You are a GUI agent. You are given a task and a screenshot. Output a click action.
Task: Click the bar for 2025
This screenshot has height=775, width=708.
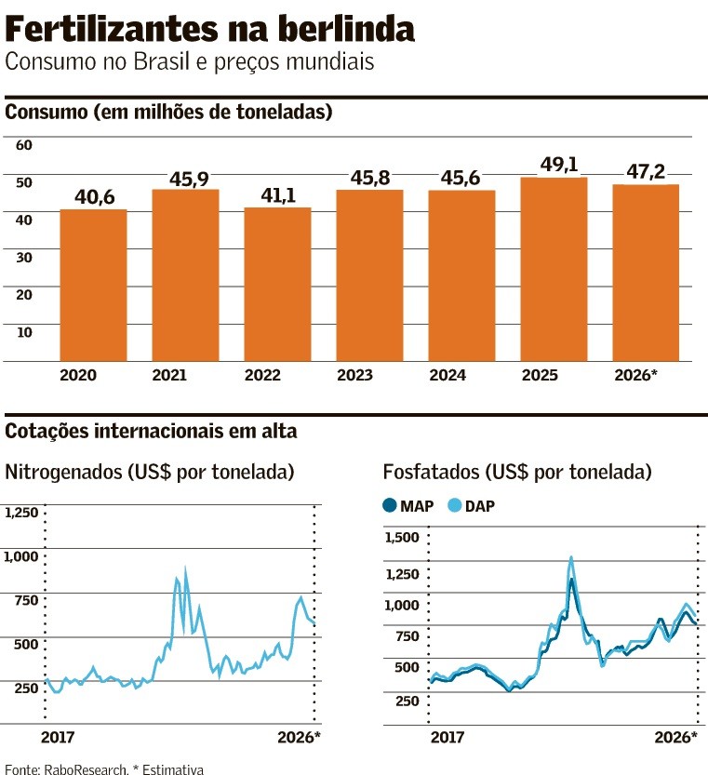pos(554,269)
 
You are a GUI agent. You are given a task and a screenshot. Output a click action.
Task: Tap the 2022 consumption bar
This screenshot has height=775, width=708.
pos(277,284)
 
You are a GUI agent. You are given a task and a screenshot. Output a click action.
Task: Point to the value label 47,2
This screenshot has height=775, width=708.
pos(646,174)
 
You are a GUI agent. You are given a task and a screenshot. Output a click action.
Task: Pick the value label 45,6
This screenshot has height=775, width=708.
pos(461,180)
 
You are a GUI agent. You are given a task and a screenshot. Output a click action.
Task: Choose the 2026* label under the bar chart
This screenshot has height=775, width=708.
pos(636,376)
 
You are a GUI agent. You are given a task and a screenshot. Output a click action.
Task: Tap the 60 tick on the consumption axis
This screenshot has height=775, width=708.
pos(24,145)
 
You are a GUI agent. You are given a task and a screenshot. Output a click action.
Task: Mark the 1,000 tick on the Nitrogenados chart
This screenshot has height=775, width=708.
pos(23,556)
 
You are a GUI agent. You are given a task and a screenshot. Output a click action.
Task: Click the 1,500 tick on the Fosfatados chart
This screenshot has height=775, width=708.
pos(402,537)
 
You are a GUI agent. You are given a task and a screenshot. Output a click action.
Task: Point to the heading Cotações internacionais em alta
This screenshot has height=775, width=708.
pos(152,432)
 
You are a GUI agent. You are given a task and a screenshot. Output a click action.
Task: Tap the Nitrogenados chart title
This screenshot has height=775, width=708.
pos(150,472)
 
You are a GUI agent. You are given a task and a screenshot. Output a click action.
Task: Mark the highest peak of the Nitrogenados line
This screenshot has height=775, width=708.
pos(185,569)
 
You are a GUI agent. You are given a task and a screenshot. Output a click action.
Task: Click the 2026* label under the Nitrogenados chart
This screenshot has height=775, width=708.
pos(299,737)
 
